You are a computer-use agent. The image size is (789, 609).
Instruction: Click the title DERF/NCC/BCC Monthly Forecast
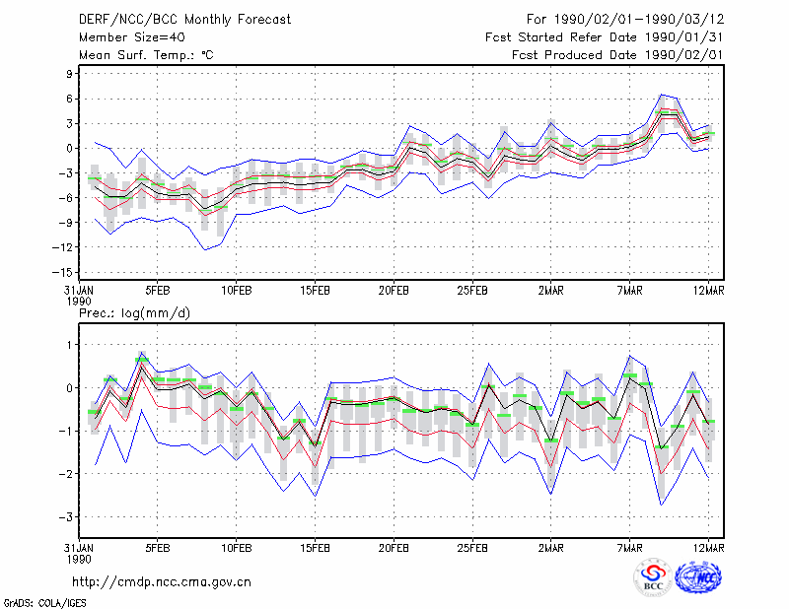pyautogui.click(x=184, y=20)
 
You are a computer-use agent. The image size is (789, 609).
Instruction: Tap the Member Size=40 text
pyautogui.click(x=132, y=37)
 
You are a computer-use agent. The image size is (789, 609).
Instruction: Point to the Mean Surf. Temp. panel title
pyautogui.click(x=146, y=55)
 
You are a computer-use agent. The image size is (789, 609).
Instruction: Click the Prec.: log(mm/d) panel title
pyautogui.click(x=134, y=313)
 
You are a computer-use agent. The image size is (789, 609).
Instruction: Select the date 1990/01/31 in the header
pyautogui.click(x=684, y=37)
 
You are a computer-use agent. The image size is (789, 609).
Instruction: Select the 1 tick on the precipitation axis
pyautogui.click(x=69, y=345)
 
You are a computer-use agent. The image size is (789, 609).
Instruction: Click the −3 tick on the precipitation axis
pyautogui.click(x=66, y=517)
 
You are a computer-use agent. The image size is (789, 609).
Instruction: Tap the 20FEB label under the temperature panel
pyautogui.click(x=394, y=291)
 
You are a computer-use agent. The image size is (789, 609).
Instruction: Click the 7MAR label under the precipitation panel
pyautogui.click(x=630, y=548)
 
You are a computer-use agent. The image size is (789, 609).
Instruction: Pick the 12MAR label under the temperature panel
pyautogui.click(x=708, y=291)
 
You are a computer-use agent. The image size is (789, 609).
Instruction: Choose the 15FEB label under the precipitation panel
pyautogui.click(x=315, y=548)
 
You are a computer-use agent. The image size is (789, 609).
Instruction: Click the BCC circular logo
pyautogui.click(x=653, y=577)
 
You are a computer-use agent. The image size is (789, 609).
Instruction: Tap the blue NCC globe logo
pyautogui.click(x=698, y=577)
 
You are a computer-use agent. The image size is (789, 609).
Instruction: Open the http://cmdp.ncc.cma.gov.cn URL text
pyautogui.click(x=162, y=582)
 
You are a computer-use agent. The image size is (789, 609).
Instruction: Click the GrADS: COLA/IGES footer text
pyautogui.click(x=44, y=603)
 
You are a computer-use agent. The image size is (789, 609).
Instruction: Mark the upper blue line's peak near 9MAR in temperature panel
pyautogui.click(x=662, y=94)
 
